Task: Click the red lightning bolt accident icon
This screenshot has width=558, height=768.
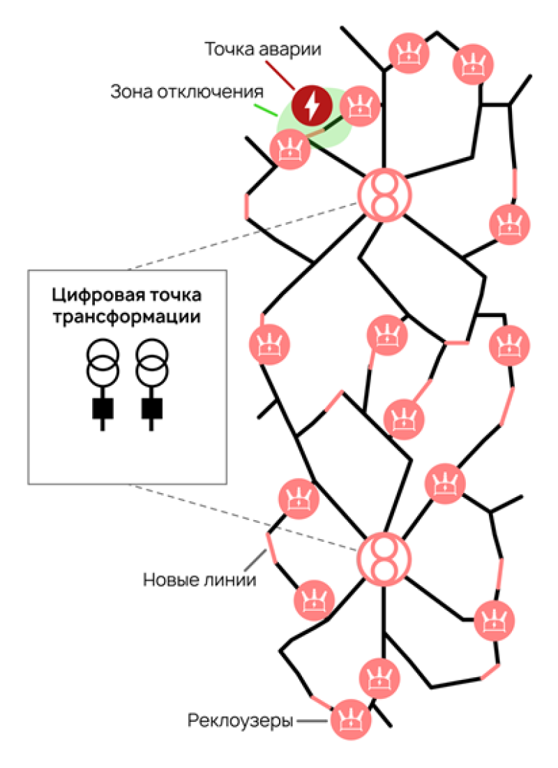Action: click(310, 105)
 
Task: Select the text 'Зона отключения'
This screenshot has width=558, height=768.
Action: click(186, 92)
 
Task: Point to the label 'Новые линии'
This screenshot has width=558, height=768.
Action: click(199, 579)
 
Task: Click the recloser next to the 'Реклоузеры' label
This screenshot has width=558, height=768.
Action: click(351, 721)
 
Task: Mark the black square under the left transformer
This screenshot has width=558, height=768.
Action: click(103, 408)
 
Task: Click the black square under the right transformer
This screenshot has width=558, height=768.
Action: click(151, 408)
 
